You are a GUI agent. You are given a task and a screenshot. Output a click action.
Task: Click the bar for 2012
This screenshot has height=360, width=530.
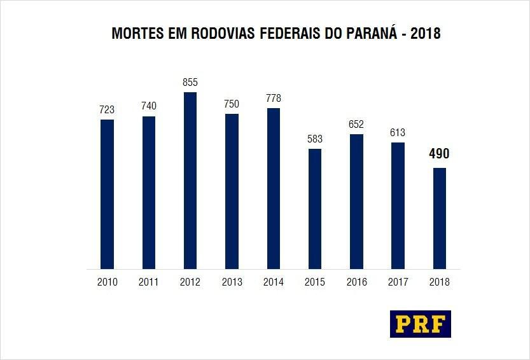(190, 181)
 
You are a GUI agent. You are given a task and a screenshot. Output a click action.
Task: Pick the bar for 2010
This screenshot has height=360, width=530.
(107, 194)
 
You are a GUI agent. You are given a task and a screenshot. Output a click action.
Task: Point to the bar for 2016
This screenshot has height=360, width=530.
(356, 202)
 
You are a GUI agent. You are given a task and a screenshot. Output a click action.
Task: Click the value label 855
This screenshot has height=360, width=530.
(190, 83)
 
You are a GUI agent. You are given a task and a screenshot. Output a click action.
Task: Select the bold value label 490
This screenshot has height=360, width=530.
(439, 154)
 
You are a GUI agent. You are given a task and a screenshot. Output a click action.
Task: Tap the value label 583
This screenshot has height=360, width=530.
(314, 139)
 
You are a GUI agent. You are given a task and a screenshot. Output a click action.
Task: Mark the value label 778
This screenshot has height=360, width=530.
(273, 99)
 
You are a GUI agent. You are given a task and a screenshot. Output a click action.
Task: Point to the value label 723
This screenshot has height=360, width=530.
(107, 110)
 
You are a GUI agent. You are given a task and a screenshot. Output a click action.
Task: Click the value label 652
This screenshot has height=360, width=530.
(356, 125)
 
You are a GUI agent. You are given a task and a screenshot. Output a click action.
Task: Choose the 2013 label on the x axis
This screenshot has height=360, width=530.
(232, 282)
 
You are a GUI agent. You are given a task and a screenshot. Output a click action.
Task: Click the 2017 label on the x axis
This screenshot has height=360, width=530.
(398, 282)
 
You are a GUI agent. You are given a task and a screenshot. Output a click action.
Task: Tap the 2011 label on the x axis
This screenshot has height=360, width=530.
(148, 282)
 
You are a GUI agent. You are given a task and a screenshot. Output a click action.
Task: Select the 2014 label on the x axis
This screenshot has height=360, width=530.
(273, 282)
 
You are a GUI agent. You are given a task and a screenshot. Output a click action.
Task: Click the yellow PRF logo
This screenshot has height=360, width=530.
(420, 324)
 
